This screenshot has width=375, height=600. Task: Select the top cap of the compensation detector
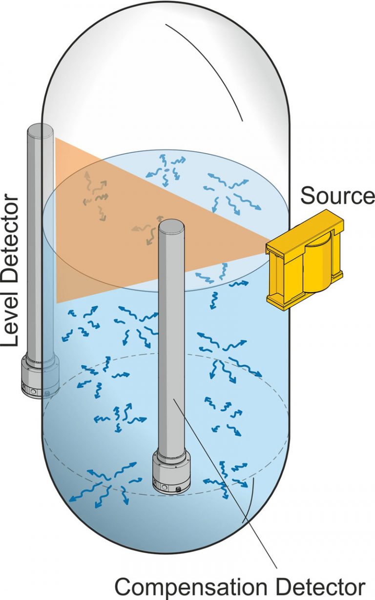172,225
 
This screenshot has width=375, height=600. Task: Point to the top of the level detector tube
40,130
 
